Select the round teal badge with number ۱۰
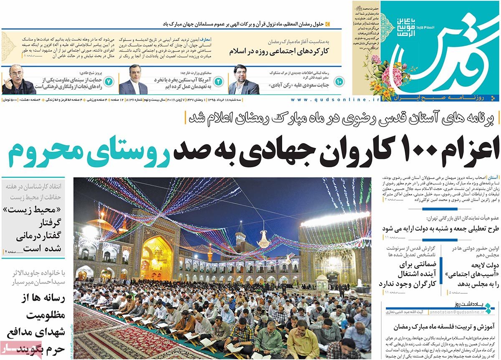[x=338, y=81]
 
